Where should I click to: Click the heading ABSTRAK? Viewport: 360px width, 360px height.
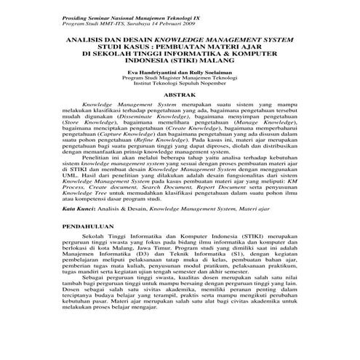pyautogui.click(x=180, y=95)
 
